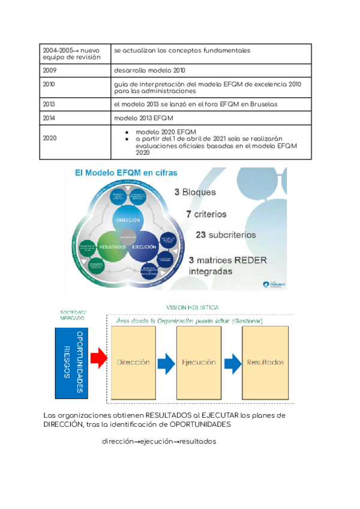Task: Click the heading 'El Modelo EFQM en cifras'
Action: pos(125,173)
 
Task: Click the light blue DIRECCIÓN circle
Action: pos(127,220)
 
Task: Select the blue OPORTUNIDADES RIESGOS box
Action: pos(71,363)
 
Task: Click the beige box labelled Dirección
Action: pos(133,363)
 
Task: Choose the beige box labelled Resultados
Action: pos(265,363)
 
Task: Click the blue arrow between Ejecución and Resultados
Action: pos(233,363)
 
